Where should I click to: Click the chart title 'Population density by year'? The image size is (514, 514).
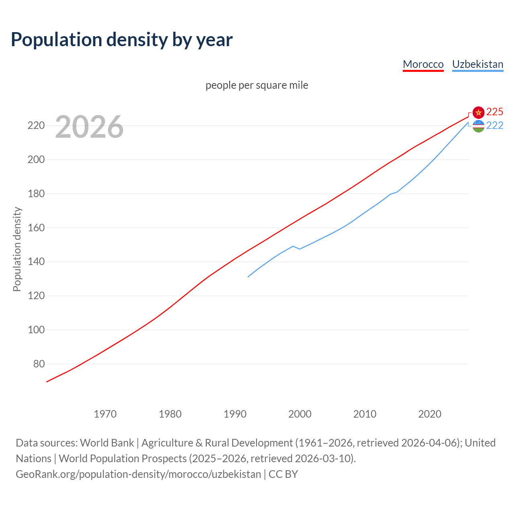click(122, 40)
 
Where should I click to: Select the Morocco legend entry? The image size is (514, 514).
click(423, 64)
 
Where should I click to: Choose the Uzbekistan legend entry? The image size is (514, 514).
click(477, 64)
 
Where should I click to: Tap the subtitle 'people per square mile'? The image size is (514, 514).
click(257, 85)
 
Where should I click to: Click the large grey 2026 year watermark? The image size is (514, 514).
click(89, 127)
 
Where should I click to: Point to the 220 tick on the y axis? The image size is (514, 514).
click(36, 126)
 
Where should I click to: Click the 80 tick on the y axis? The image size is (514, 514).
click(39, 364)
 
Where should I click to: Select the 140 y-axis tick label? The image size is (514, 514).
click(36, 262)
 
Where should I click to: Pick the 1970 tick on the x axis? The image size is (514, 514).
click(105, 414)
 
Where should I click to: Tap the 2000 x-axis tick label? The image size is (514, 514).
click(300, 414)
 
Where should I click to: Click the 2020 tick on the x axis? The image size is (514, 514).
click(430, 414)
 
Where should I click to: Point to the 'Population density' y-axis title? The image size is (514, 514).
click(17, 249)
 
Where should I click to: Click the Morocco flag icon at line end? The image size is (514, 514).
click(478, 112)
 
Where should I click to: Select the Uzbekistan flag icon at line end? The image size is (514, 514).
click(478, 126)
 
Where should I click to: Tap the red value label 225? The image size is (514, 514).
click(495, 112)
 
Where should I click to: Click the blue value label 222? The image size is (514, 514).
click(495, 126)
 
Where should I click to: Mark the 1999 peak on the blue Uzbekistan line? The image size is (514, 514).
click(293, 246)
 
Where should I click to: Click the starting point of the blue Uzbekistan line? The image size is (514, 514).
click(248, 277)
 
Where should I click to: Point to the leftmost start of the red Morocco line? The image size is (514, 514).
click(47, 381)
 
